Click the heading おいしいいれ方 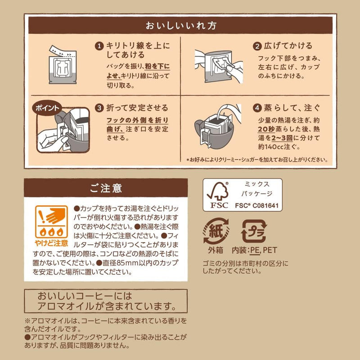pos(181,26)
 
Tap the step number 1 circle pos(99,46)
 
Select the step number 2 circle pos(257,46)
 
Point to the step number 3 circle pos(99,108)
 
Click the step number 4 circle pos(257,108)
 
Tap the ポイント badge pos(47,108)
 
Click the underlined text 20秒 pos(266,129)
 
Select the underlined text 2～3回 pos(282,138)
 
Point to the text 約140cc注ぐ pos(279,147)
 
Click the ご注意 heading pos(106,188)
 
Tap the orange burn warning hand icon pos(51,222)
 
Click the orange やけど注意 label pos(51,243)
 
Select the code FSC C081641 pos(256,206)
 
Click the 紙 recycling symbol pos(216,231)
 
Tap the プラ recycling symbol pos(254,231)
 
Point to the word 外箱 pos(216,250)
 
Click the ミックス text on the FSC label pos(256,184)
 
